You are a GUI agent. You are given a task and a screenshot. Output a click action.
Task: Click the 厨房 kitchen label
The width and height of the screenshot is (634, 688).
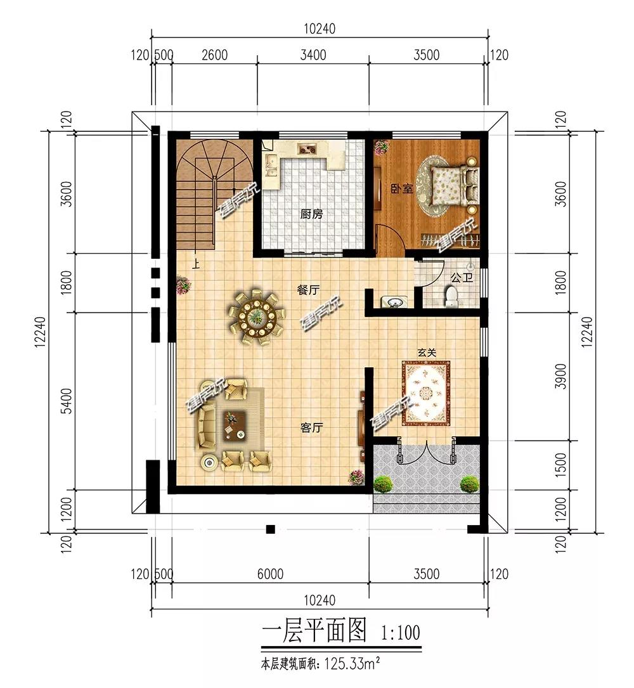pos(311,214)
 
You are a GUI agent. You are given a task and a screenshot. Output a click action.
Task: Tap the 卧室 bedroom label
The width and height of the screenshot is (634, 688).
pos(402,189)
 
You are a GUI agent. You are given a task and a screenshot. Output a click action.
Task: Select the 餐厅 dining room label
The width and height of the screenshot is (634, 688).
pos(309,290)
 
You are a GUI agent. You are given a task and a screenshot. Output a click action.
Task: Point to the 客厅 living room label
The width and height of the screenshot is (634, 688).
pos(312,427)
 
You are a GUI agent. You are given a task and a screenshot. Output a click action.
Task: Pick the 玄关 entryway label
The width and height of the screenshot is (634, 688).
pos(427,353)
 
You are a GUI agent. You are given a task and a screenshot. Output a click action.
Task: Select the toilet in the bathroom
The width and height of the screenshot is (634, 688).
pos(451,295)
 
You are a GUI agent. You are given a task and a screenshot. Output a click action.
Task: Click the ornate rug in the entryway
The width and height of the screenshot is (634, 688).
pos(427,393)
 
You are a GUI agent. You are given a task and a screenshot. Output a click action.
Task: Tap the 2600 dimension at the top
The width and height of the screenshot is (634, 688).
pos(214,55)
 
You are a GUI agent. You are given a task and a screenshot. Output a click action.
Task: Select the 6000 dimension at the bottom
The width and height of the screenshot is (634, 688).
pos(270,574)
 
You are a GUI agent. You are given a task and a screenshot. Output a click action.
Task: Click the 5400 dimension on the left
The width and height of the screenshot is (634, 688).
pos(67,401)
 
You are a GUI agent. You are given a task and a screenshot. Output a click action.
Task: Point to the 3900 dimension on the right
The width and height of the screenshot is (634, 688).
pos(560,376)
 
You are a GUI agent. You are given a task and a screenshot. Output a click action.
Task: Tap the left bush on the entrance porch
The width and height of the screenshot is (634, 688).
pos(383,484)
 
